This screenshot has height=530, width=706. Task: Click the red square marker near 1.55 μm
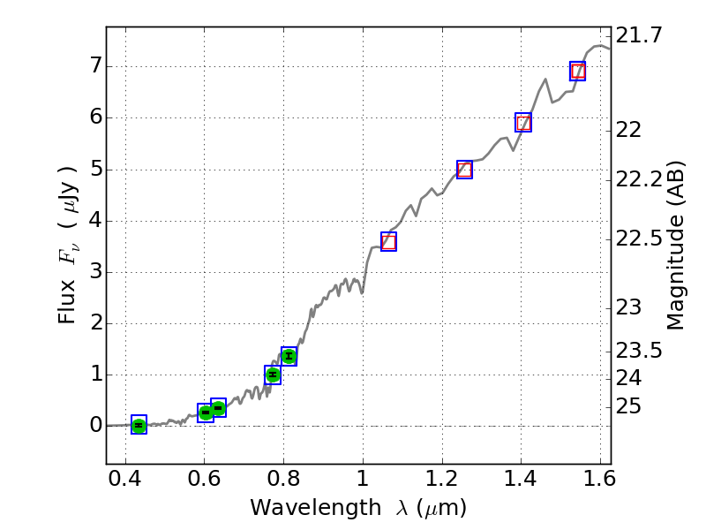pyautogui.click(x=578, y=72)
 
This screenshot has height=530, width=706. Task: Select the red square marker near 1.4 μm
pyautogui.click(x=523, y=123)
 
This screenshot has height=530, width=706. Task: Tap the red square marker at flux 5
pyautogui.click(x=465, y=170)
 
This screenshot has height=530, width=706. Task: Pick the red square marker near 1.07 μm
pyautogui.click(x=388, y=241)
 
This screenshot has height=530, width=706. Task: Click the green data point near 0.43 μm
pyautogui.click(x=139, y=425)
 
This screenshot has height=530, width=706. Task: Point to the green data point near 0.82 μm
pyautogui.click(x=289, y=356)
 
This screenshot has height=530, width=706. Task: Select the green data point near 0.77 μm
pyautogui.click(x=273, y=375)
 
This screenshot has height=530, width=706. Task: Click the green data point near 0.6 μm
pyautogui.click(x=206, y=413)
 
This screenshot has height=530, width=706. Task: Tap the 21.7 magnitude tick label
pyautogui.click(x=640, y=36)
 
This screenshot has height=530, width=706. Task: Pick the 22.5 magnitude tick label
pyautogui.click(x=640, y=238)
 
